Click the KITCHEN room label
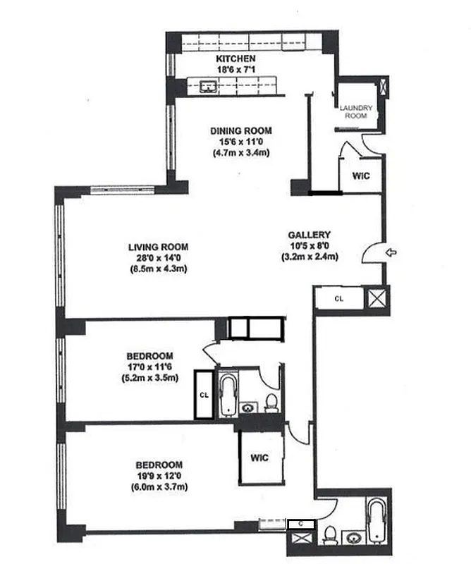(x=235, y=59)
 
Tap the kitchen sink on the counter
(x=209, y=87)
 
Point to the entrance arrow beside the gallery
(x=392, y=251)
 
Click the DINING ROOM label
(x=240, y=130)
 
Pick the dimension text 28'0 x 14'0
(x=158, y=258)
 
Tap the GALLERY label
(x=309, y=235)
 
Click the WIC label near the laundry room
(x=360, y=176)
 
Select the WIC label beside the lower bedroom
(x=260, y=458)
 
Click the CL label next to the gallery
(x=339, y=298)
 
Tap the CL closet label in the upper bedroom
(x=204, y=394)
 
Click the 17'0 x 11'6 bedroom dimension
(x=149, y=367)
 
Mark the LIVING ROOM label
(x=158, y=247)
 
